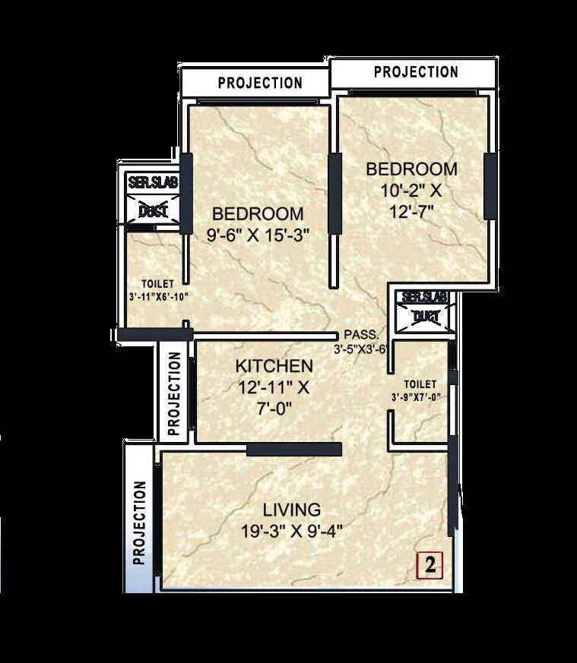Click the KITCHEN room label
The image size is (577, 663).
coord(273,365)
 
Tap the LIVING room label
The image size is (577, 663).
coord(292,509)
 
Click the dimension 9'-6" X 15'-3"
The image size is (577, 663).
coord(257,235)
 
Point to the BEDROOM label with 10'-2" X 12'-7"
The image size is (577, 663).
coord(411,169)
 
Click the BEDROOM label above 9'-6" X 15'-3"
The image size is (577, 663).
coord(258,213)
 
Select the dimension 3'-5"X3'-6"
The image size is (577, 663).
coord(362,349)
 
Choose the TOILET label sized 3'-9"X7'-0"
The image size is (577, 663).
coord(420,384)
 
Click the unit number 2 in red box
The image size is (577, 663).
coord(430,564)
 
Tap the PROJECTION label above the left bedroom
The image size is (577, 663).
coord(260,83)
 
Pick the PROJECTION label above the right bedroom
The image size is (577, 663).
coord(416,72)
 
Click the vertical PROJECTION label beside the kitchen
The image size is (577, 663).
coord(174,392)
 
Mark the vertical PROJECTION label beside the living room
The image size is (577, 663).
coord(139,523)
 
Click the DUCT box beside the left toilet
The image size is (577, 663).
coord(153,212)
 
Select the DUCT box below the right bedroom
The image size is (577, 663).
coord(425,317)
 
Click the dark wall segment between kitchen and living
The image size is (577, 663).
coord(294,450)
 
